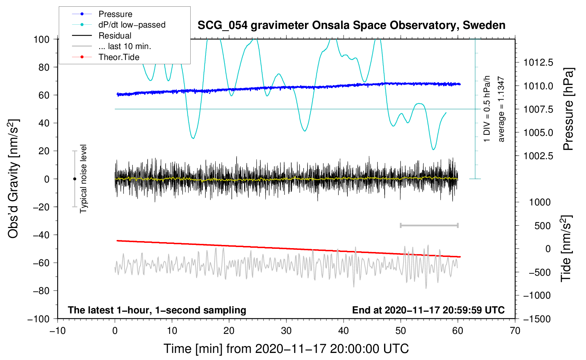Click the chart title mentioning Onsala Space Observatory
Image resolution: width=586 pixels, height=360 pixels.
tap(351, 25)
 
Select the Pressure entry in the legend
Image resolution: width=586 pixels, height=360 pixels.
tap(102, 14)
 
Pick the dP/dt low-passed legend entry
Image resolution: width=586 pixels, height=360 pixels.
tap(119, 25)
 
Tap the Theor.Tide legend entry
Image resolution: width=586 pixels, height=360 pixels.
tap(106, 57)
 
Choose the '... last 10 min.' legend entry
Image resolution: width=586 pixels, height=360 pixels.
tap(112, 46)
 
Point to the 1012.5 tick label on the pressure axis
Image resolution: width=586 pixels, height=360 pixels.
tap(538, 62)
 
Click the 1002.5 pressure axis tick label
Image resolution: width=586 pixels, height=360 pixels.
tap(538, 156)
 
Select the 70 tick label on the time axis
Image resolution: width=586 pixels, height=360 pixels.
tap(515, 331)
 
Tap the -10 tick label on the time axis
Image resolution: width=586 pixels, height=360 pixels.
tap(58, 331)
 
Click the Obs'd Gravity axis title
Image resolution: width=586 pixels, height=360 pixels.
tap(13, 179)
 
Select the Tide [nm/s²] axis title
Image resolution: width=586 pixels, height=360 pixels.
tap(566, 249)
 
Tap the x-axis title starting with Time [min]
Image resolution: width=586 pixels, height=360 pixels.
tap(286, 349)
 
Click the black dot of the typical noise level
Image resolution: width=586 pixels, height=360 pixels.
tap(74, 179)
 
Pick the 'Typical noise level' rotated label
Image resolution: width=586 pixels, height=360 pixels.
tap(83, 179)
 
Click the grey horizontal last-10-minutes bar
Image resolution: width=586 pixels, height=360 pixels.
tap(429, 226)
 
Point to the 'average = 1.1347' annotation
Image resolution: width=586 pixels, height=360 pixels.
tap(501, 109)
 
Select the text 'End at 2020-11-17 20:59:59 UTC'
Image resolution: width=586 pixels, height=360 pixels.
tap(428, 310)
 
